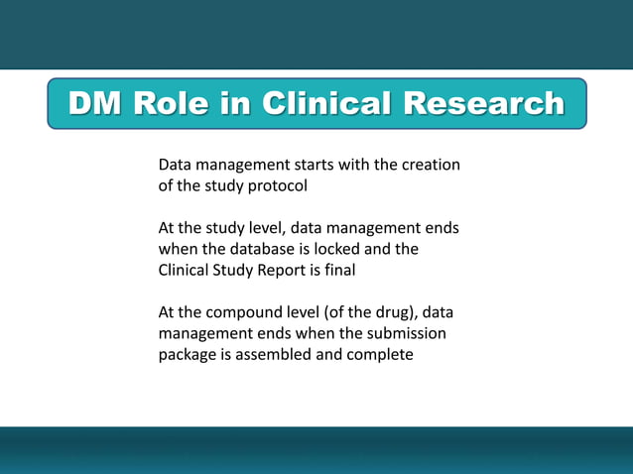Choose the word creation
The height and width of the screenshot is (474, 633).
tap(430, 164)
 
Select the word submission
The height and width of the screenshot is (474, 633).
tap(407, 334)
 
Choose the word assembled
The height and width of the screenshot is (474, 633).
tap(275, 355)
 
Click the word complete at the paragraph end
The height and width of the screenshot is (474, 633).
tap(381, 355)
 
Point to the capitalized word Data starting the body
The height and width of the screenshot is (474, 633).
tap(176, 164)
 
